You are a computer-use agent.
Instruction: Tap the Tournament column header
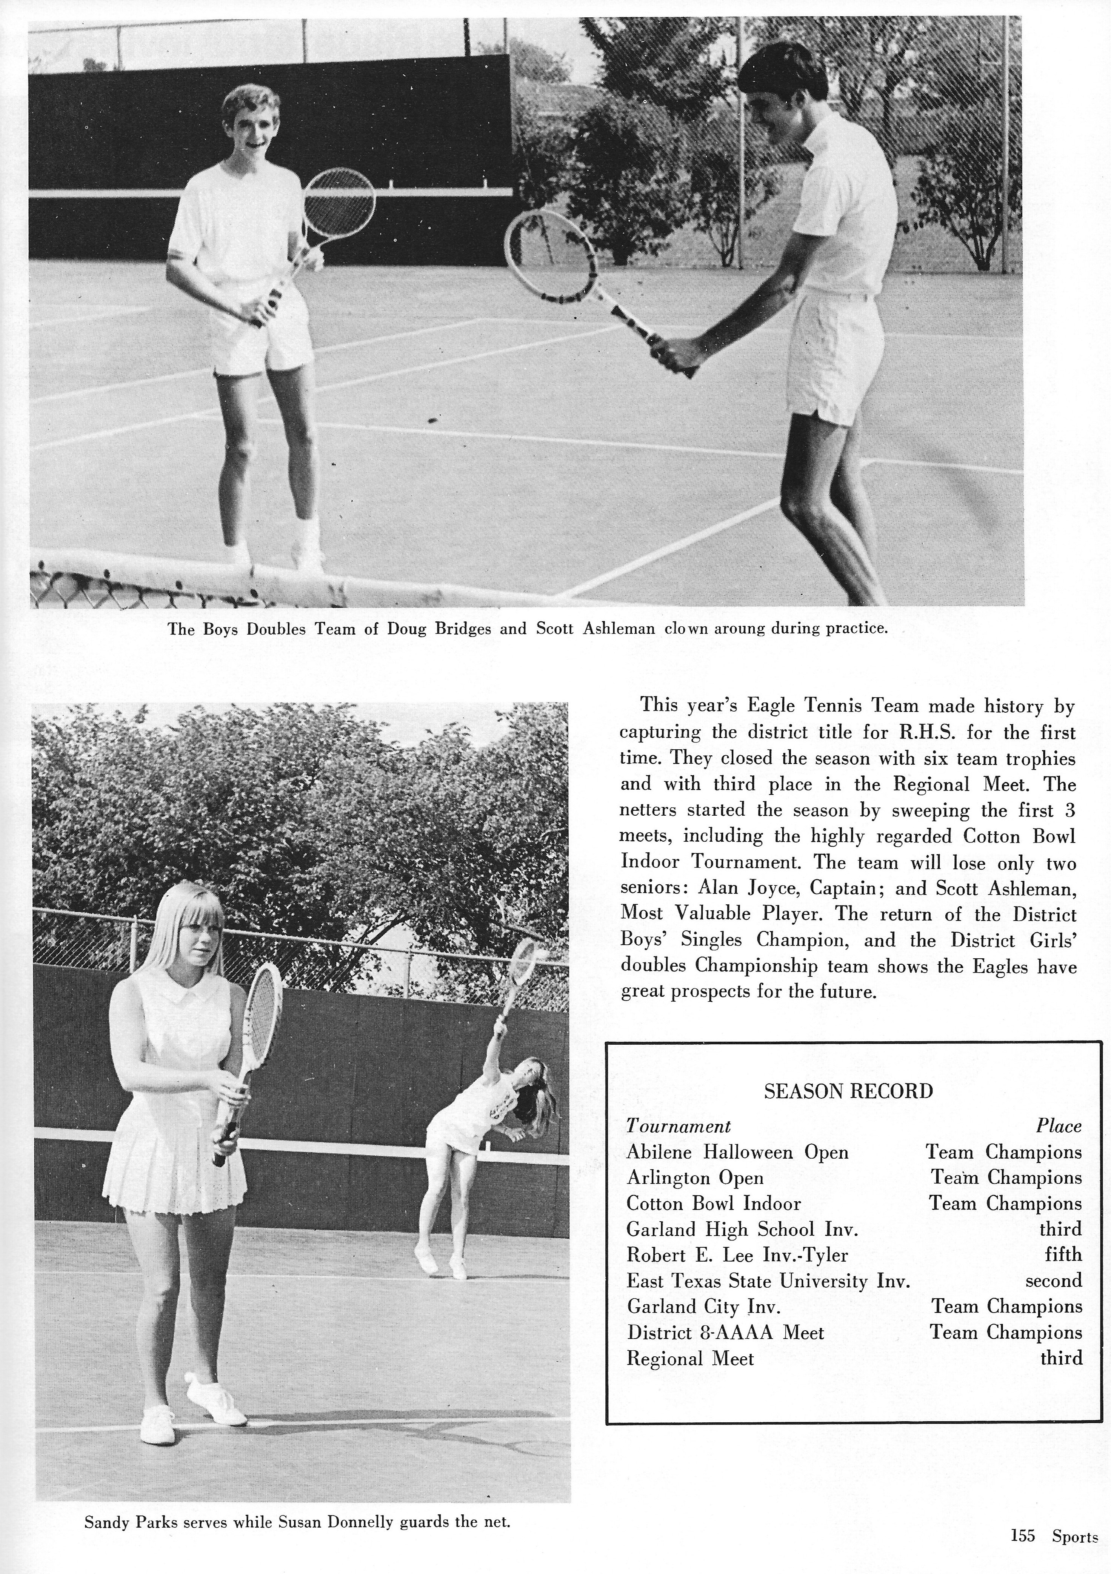click(x=678, y=1126)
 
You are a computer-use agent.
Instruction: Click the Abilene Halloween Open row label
click(x=737, y=1152)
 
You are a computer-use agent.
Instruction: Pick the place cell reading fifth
click(x=1063, y=1254)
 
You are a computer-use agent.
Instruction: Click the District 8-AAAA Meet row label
click(x=725, y=1333)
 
